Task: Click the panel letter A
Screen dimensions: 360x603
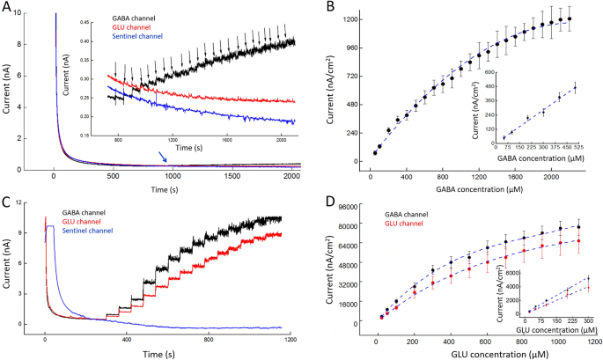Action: pyautogui.click(x=8, y=8)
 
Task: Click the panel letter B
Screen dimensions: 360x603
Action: pyautogui.click(x=329, y=8)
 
